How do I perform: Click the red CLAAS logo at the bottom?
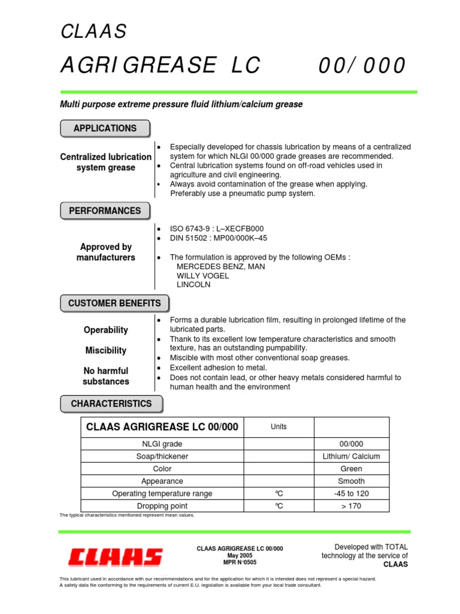pyautogui.click(x=115, y=557)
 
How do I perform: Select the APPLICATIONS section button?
pyautogui.click(x=105, y=128)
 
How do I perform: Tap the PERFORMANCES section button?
pyautogui.click(x=105, y=211)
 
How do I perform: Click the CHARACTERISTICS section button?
pyautogui.click(x=111, y=404)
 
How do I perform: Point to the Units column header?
pyautogui.click(x=279, y=427)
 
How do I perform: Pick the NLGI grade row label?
pyautogui.click(x=162, y=444)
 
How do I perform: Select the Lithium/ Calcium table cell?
pyautogui.click(x=351, y=456)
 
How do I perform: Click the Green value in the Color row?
pyautogui.click(x=351, y=469)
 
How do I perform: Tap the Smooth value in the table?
pyautogui.click(x=351, y=481)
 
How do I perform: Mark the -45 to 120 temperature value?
pyautogui.click(x=351, y=493)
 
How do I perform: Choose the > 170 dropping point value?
pyautogui.click(x=351, y=506)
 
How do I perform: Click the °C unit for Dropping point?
pyautogui.click(x=279, y=506)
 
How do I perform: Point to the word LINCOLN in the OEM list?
pyautogui.click(x=193, y=285)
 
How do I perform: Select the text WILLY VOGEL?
pyautogui.click(x=202, y=276)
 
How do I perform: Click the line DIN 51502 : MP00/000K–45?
pyautogui.click(x=219, y=238)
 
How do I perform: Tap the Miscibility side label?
pyautogui.click(x=106, y=350)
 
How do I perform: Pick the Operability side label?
pyautogui.click(x=106, y=330)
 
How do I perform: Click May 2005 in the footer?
pyautogui.click(x=240, y=556)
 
